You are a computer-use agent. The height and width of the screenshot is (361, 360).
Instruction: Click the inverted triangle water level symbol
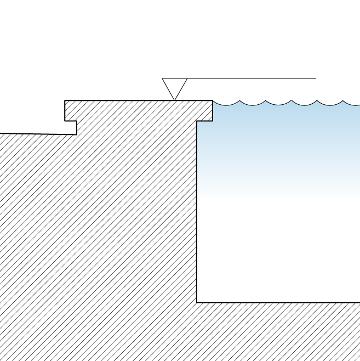tap(174, 87)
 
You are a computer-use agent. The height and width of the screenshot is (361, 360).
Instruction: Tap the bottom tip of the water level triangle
tap(174, 100)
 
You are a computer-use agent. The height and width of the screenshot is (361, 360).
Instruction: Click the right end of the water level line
tap(316, 78)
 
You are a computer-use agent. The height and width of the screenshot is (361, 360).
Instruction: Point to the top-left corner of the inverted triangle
tap(162, 78)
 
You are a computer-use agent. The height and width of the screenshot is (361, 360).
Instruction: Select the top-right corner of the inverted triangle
tap(187, 78)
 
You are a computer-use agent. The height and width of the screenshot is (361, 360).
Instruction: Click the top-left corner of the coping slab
tap(65, 100)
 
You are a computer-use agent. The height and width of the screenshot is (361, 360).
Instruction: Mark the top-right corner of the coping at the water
tap(213, 100)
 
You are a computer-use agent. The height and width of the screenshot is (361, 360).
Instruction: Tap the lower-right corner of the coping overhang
tap(213, 121)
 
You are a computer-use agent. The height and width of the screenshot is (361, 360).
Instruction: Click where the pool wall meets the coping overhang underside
tap(197, 121)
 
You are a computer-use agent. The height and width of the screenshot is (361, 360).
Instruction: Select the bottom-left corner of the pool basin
tap(197, 302)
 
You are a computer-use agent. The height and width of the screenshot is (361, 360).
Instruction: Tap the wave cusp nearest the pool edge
tap(239, 100)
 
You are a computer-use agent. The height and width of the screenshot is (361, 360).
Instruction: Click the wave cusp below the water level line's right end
tap(317, 100)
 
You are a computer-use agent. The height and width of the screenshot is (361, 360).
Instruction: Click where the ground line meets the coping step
tap(77, 134)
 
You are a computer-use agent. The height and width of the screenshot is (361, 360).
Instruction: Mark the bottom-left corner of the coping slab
tap(65, 121)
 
